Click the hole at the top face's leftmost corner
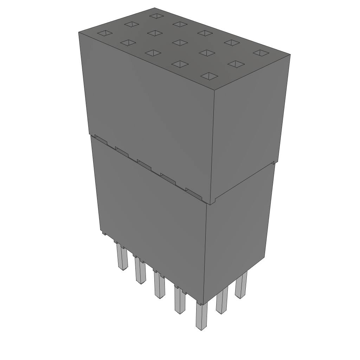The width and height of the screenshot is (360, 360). (x=104, y=33)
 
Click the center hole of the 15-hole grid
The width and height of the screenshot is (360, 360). (x=180, y=43)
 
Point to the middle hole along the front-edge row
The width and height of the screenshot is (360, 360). (x=153, y=53)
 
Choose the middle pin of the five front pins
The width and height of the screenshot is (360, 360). (x=159, y=285)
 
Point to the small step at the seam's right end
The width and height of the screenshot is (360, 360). (x=273, y=163)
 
